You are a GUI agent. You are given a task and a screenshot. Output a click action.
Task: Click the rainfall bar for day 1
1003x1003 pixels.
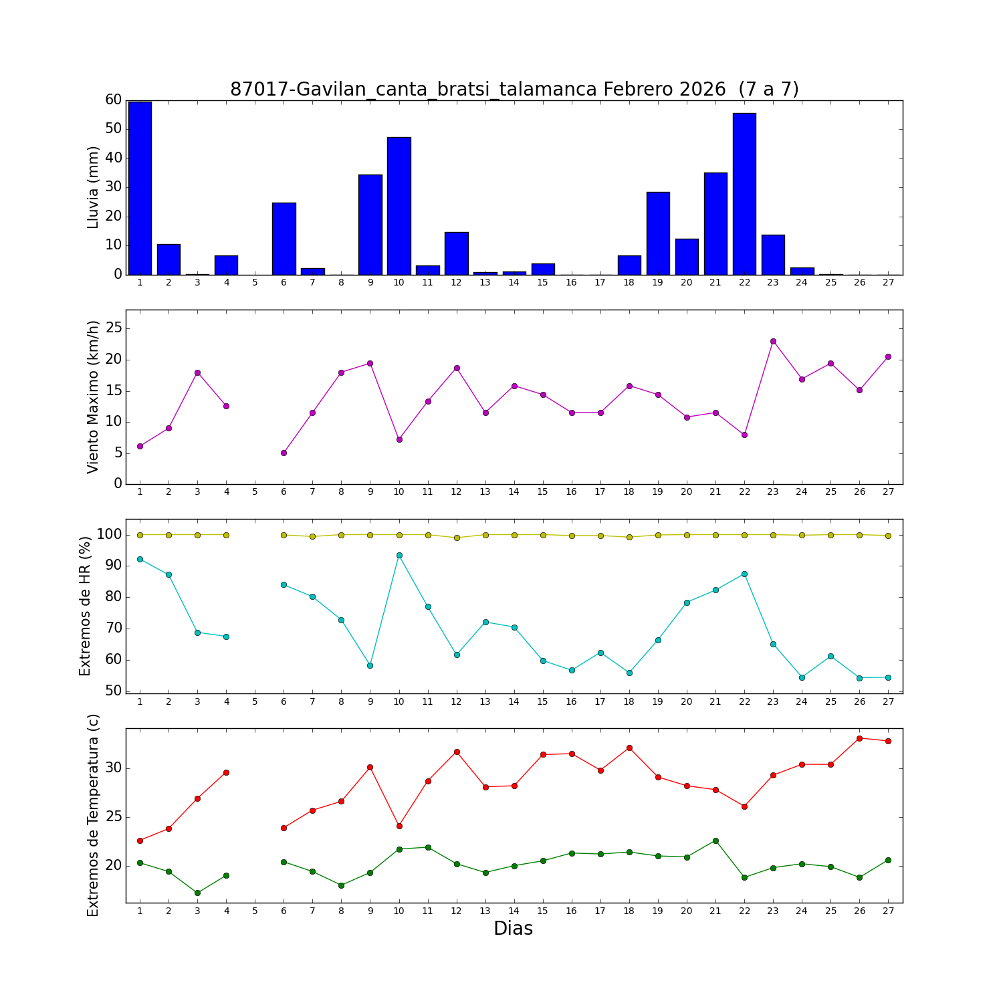pos(140,189)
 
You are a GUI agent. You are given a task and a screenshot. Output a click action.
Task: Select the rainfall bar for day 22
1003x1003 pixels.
pos(744,194)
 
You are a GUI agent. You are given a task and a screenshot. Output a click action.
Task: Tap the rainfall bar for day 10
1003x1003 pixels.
pos(399,206)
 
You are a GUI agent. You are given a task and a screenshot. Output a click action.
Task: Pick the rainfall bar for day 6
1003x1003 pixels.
pos(284,239)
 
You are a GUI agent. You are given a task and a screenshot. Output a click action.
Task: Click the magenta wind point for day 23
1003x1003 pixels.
pos(773,341)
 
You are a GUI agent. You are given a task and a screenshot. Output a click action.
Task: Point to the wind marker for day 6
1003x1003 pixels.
pos(284,453)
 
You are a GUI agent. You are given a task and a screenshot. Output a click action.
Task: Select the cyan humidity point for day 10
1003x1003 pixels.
pos(399,555)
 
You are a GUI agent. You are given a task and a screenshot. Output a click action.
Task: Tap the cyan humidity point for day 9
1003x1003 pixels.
pos(370,665)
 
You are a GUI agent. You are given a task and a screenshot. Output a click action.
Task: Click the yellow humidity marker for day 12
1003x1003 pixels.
pos(457,538)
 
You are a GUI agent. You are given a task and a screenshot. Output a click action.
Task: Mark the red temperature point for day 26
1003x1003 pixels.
pos(859,738)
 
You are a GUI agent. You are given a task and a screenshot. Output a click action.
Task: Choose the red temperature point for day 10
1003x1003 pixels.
pos(399,826)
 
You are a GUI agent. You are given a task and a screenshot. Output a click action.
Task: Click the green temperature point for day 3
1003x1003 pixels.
pos(197,893)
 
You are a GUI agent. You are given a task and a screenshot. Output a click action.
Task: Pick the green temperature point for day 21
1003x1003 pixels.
pos(715,841)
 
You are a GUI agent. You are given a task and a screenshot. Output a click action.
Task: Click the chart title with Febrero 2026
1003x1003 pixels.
pos(514,90)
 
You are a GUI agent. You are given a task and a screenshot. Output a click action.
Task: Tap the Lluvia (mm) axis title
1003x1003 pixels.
pos(94,187)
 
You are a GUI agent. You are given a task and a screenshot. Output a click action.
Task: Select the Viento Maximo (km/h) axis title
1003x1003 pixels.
pos(94,397)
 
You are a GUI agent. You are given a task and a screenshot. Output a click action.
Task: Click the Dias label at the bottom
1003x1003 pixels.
pos(513,929)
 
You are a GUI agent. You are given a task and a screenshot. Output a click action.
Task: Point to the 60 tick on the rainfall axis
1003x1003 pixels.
pos(114,100)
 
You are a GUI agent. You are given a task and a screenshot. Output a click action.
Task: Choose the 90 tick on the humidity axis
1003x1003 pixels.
pos(112,566)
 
